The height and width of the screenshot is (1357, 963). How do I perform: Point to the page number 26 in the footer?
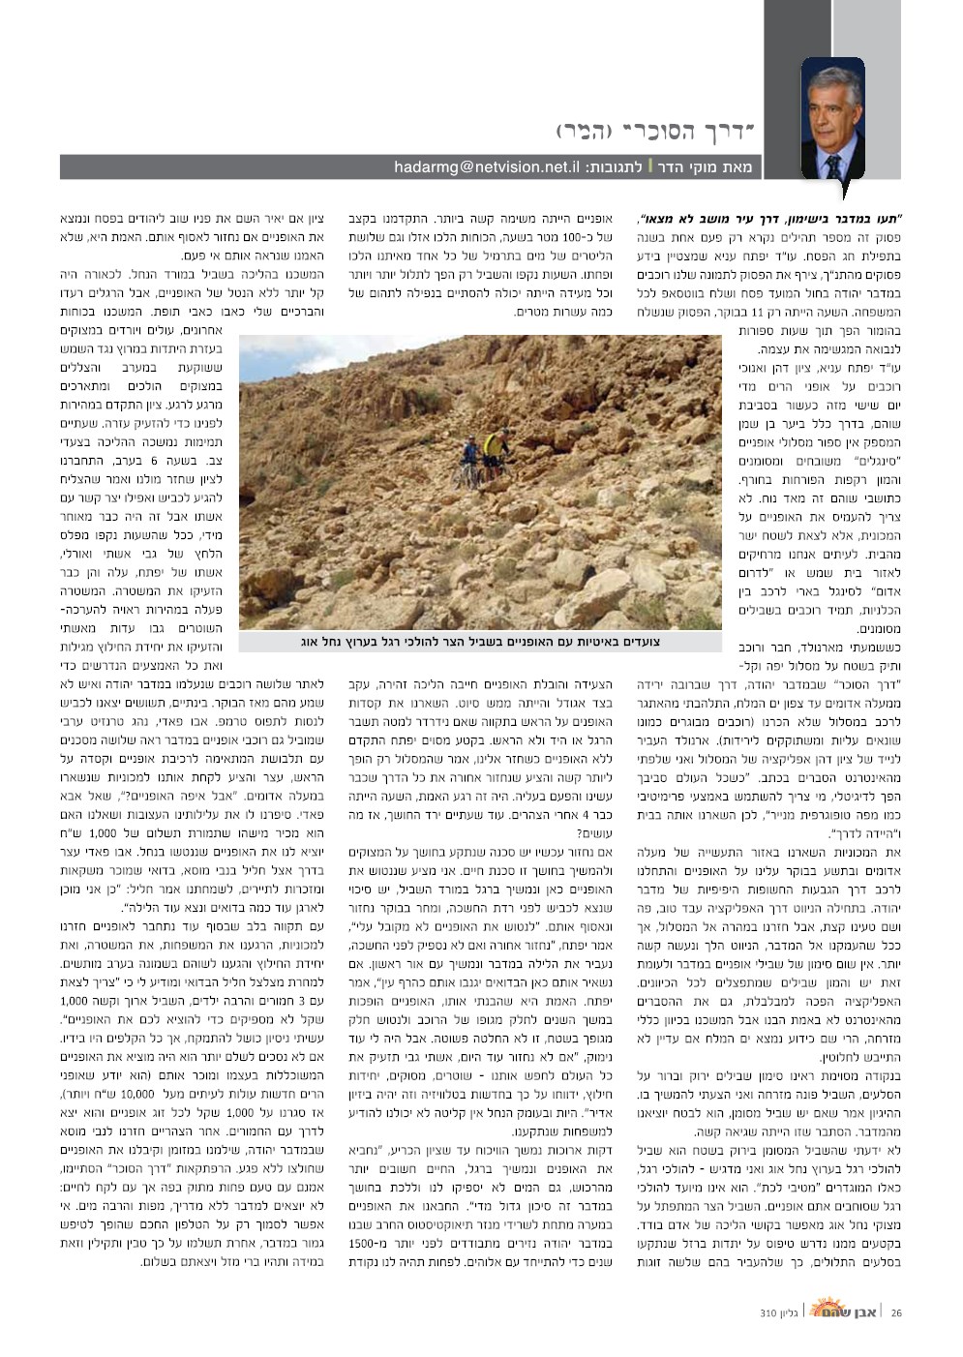coord(897,1313)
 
